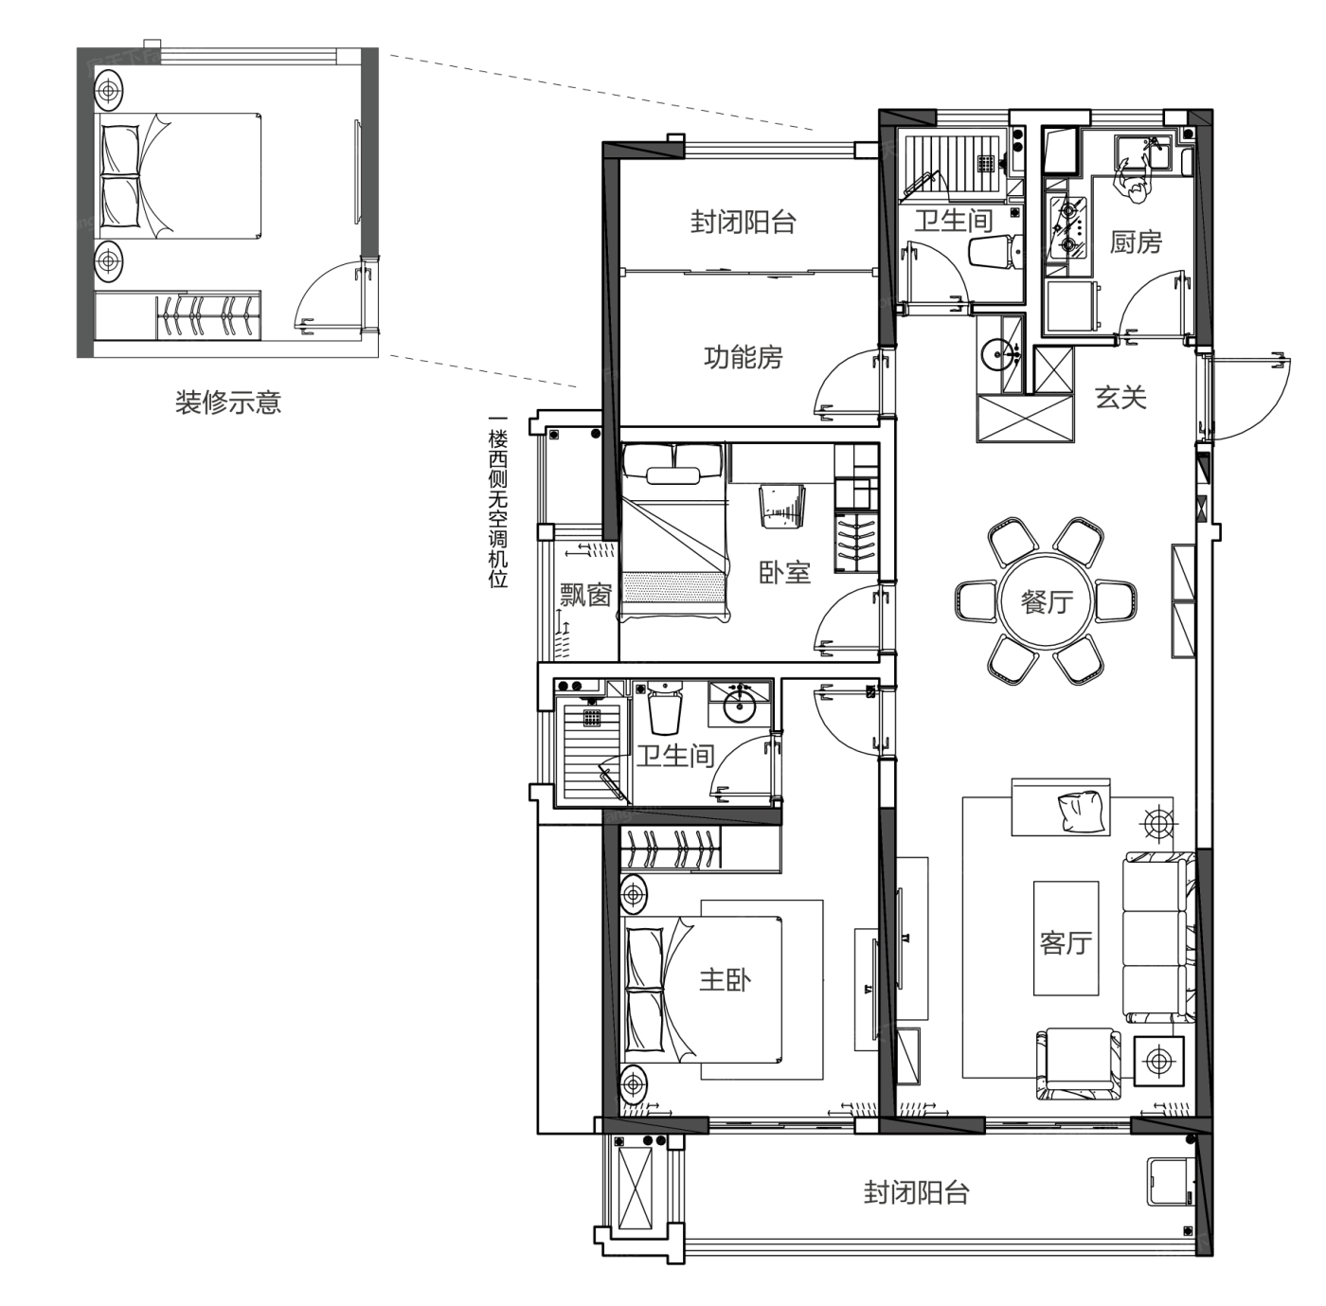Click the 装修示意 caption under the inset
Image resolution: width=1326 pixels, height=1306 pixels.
tap(228, 403)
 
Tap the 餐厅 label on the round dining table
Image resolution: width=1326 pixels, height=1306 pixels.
tap(1047, 602)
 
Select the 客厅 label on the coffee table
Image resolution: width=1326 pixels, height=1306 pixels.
tap(1066, 942)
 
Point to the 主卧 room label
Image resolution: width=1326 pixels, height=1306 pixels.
tap(726, 980)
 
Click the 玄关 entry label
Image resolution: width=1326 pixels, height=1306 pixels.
tap(1120, 398)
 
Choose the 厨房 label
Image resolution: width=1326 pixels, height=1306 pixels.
tap(1136, 242)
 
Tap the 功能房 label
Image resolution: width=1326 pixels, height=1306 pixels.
tap(744, 357)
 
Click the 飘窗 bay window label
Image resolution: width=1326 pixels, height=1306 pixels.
tap(585, 595)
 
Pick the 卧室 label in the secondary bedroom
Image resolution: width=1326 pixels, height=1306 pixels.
tap(784, 572)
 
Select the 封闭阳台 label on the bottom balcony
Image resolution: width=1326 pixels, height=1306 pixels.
tap(917, 1191)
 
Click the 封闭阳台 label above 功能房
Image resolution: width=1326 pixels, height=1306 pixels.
tap(744, 223)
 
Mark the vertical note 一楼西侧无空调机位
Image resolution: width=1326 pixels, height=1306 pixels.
tap(497, 501)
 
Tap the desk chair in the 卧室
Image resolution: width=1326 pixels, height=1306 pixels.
tap(782, 506)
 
